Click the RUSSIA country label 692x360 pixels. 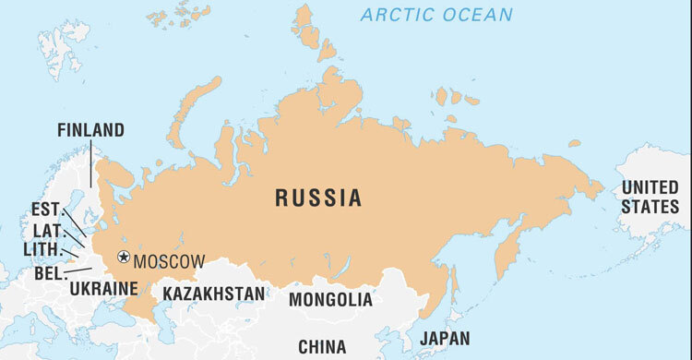(317, 198)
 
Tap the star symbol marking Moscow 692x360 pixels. (124, 258)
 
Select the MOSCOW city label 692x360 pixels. (169, 261)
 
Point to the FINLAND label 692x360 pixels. (90, 130)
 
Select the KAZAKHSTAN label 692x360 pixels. (214, 294)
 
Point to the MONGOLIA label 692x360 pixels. (330, 299)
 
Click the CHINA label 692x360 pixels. (322, 347)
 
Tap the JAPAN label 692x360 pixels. (444, 338)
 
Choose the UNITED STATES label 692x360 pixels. (649, 197)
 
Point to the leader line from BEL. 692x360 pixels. (79, 270)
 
